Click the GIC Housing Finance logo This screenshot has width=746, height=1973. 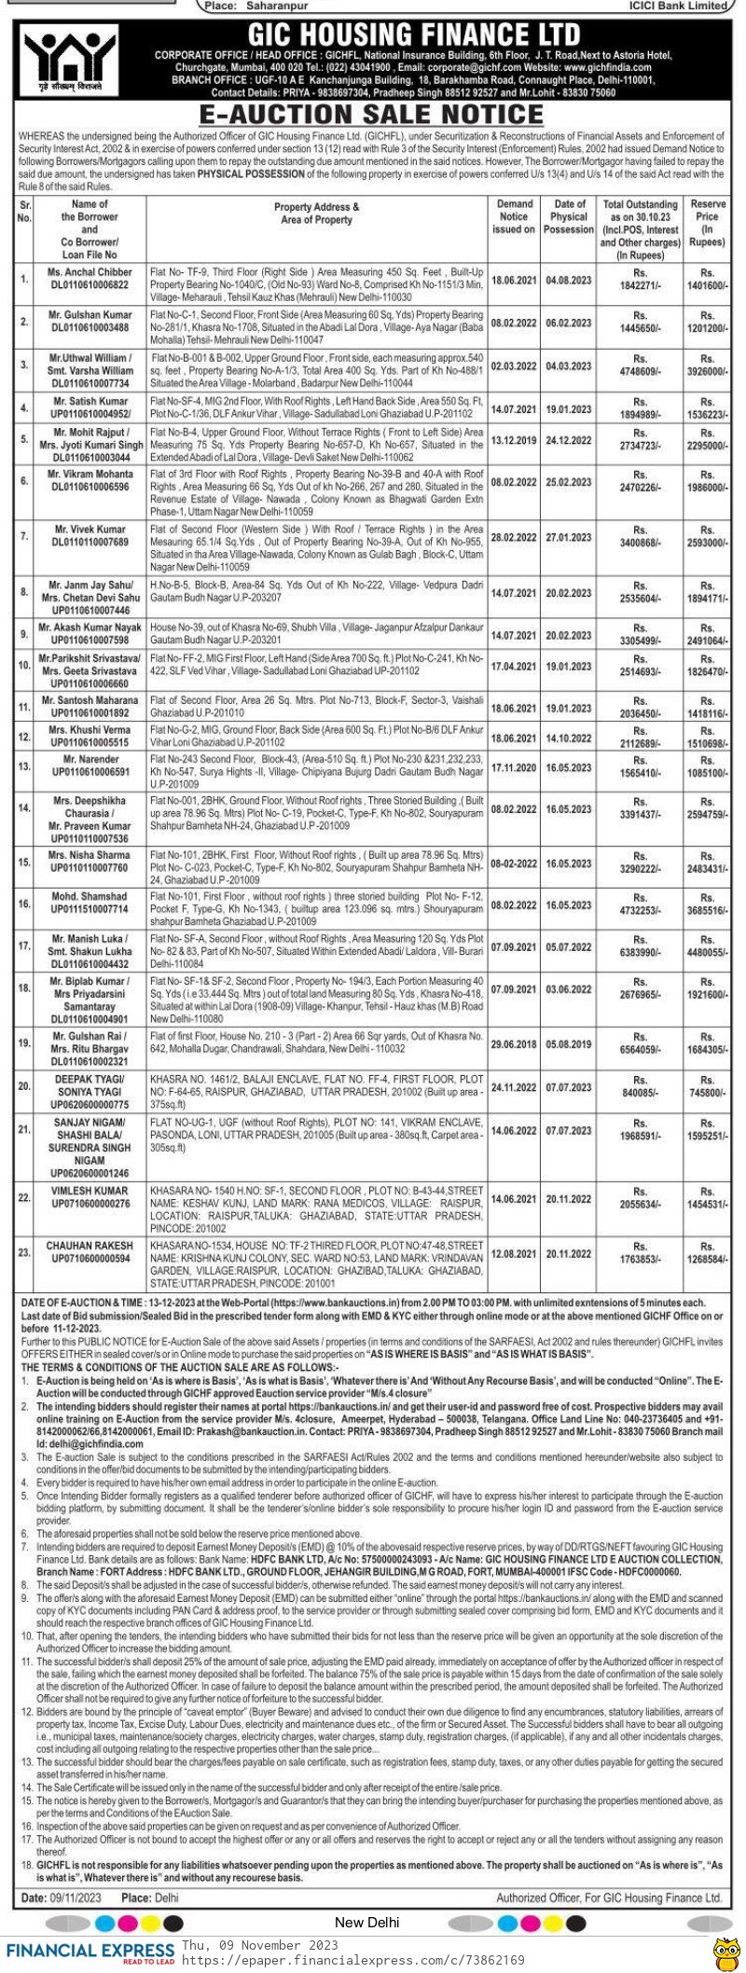[x=63, y=62]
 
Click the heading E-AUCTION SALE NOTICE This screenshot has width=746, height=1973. [x=371, y=115]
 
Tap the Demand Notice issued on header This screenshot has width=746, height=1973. [x=514, y=216]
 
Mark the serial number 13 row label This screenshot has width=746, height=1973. [x=25, y=766]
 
